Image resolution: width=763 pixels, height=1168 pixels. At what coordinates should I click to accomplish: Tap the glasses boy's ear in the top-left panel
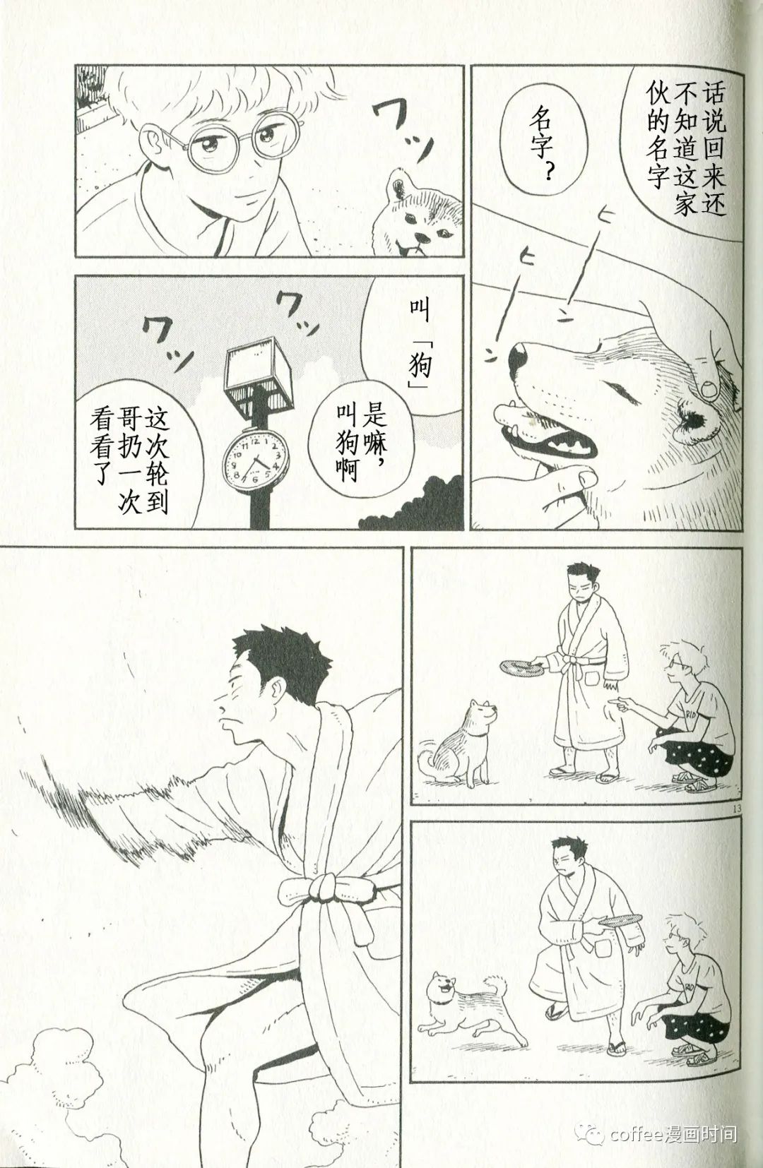(x=151, y=141)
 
